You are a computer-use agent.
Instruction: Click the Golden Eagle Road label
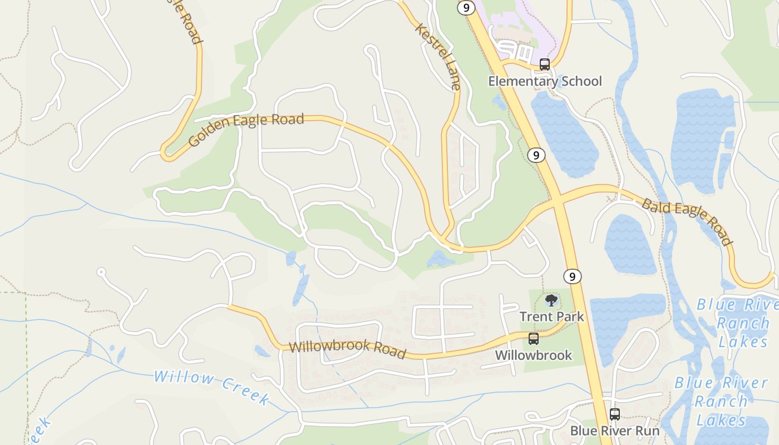[x=246, y=129]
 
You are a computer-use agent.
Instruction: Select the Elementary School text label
[x=545, y=81]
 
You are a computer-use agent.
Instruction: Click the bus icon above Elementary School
[x=545, y=64]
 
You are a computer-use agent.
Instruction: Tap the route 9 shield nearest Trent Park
[x=572, y=276]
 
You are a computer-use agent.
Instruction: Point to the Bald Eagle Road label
[x=687, y=220]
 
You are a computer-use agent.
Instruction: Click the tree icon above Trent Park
[x=551, y=301]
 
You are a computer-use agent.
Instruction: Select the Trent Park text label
[x=551, y=317]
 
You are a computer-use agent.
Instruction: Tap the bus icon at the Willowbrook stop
[x=533, y=338]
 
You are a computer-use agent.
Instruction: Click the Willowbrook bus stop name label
[x=533, y=355]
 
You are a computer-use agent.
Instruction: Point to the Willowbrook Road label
[x=347, y=349]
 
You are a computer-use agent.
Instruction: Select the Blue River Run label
[x=614, y=431]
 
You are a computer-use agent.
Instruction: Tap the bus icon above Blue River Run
[x=614, y=414]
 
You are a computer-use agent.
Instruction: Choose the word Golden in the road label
[x=208, y=135]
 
